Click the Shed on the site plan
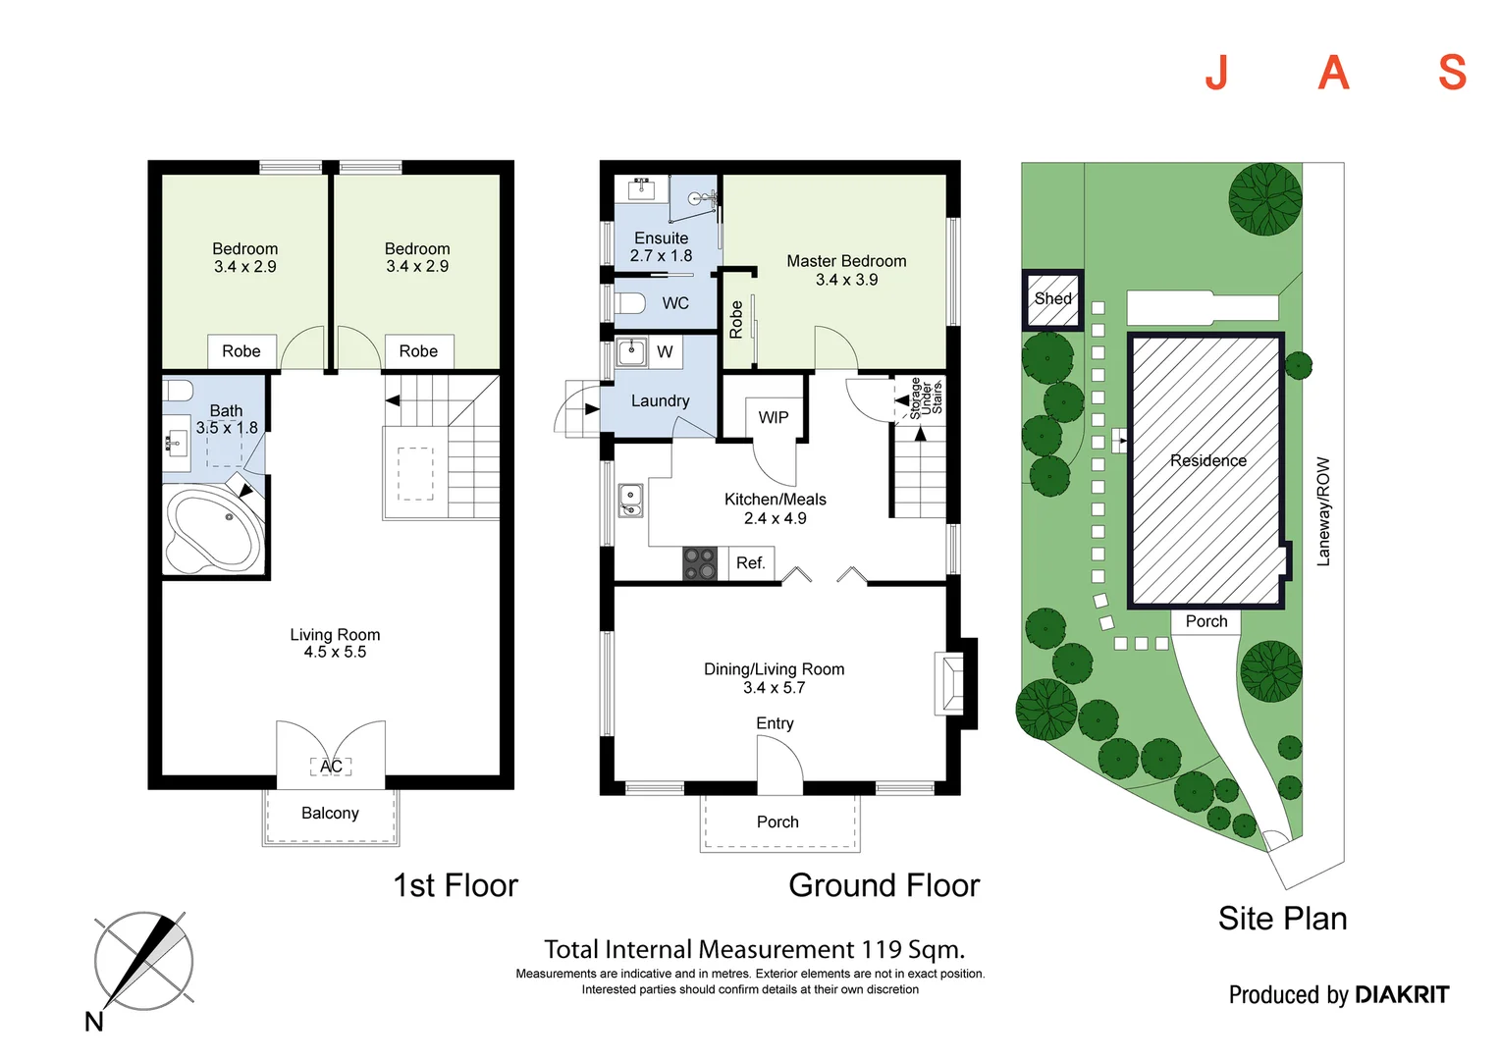click(x=1052, y=299)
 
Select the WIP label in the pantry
click(x=774, y=418)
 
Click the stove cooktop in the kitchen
click(x=700, y=563)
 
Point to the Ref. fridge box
click(x=751, y=563)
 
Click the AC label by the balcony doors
click(x=331, y=766)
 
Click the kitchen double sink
click(x=629, y=501)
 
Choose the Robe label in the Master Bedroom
click(x=736, y=319)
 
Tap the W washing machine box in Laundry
click(x=665, y=351)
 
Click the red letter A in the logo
click(x=1333, y=73)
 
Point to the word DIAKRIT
click(x=1402, y=994)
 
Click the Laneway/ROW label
click(x=1322, y=511)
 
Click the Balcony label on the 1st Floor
click(x=330, y=813)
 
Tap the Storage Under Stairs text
click(x=926, y=398)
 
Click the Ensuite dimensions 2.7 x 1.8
click(x=661, y=256)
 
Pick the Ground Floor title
click(x=884, y=885)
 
